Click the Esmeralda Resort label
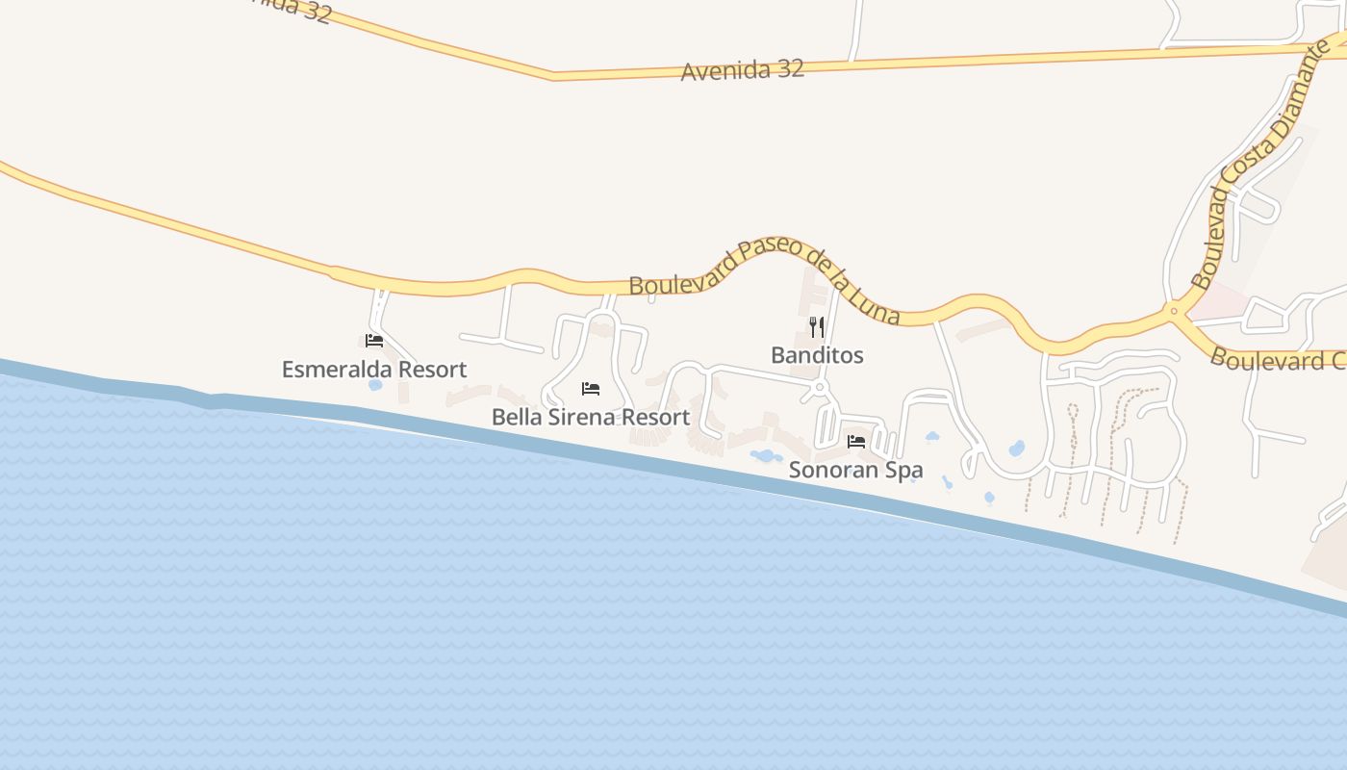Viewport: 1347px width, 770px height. coord(373,370)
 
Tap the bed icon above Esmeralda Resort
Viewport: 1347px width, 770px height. coord(374,341)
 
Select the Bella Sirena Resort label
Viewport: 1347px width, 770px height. coord(590,418)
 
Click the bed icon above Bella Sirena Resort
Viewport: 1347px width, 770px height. coord(591,389)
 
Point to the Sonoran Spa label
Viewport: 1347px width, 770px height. coord(855,471)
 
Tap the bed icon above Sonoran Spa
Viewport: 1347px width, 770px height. coord(855,442)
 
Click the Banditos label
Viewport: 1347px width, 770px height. coord(817,355)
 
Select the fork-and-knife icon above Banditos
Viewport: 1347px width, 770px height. coord(817,327)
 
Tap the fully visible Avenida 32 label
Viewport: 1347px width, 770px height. coord(742,70)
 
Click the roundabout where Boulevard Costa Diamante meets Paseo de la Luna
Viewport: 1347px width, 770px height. coord(1173,311)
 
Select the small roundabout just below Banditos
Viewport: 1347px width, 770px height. coord(820,387)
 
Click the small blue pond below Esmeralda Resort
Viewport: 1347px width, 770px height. coord(375,385)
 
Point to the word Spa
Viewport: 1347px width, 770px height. coord(903,471)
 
